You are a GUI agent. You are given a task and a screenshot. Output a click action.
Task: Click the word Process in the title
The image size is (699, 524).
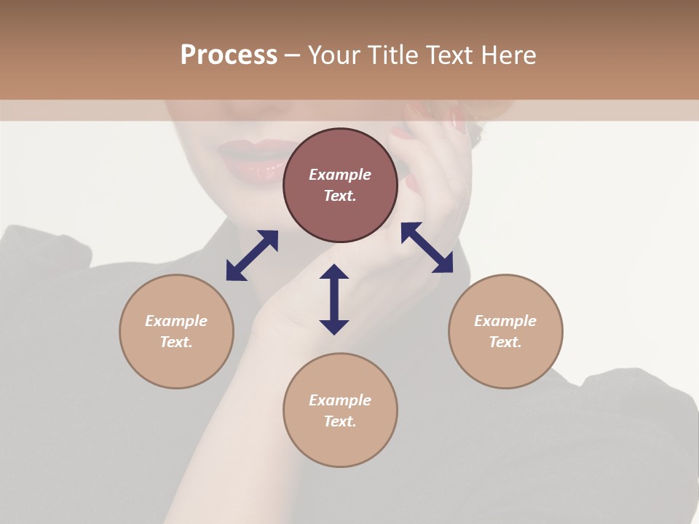229,55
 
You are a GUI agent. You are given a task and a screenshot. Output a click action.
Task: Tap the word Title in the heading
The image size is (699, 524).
390,55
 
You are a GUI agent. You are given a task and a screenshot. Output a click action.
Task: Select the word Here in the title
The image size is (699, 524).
510,55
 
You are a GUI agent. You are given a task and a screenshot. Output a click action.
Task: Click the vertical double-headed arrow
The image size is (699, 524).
334,299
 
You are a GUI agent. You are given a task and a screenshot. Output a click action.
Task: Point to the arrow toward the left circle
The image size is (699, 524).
252,255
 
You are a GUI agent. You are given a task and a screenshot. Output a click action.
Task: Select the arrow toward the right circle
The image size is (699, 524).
427,247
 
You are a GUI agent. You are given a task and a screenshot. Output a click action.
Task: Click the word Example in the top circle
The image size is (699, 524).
340,175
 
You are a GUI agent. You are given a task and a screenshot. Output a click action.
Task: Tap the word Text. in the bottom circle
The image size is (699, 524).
340,421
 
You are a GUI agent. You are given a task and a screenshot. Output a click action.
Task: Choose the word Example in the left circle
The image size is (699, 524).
176,321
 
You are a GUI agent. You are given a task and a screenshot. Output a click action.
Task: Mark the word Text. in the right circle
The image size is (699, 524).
505,342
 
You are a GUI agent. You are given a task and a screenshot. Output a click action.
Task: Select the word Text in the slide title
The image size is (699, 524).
451,55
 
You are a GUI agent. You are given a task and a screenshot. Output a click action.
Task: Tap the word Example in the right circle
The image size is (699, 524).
505,321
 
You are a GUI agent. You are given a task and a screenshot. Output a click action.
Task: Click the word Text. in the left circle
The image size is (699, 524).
176,342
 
